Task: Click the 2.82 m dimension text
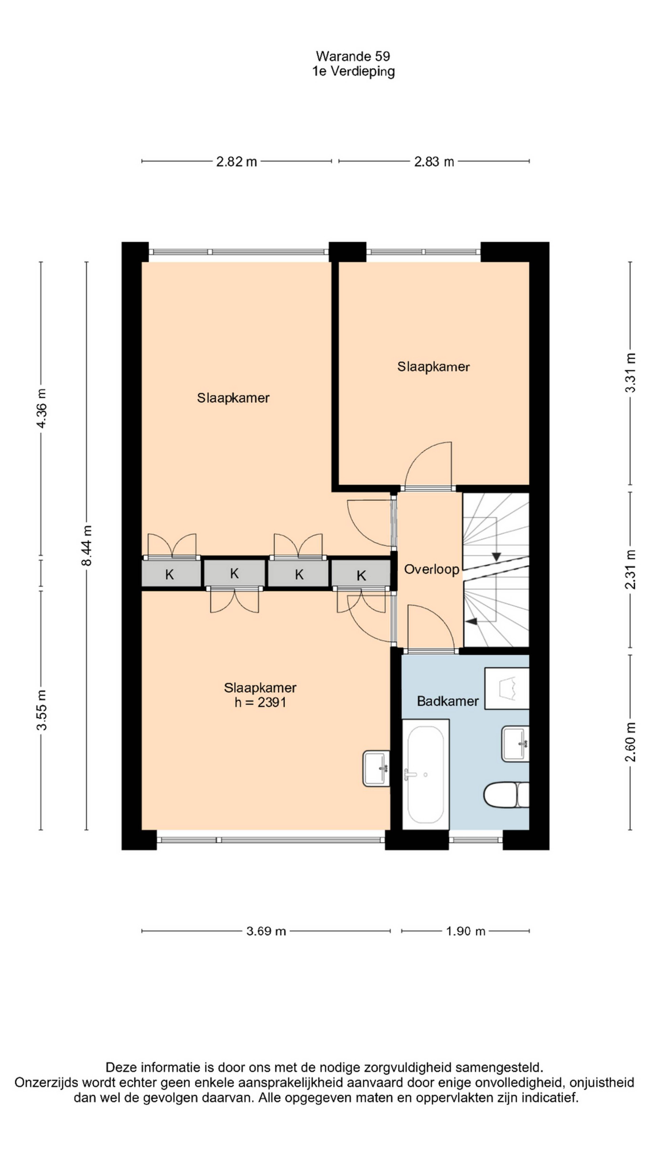click(236, 162)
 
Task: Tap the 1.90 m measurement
click(465, 931)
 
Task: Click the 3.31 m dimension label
click(630, 372)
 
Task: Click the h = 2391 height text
click(260, 702)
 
